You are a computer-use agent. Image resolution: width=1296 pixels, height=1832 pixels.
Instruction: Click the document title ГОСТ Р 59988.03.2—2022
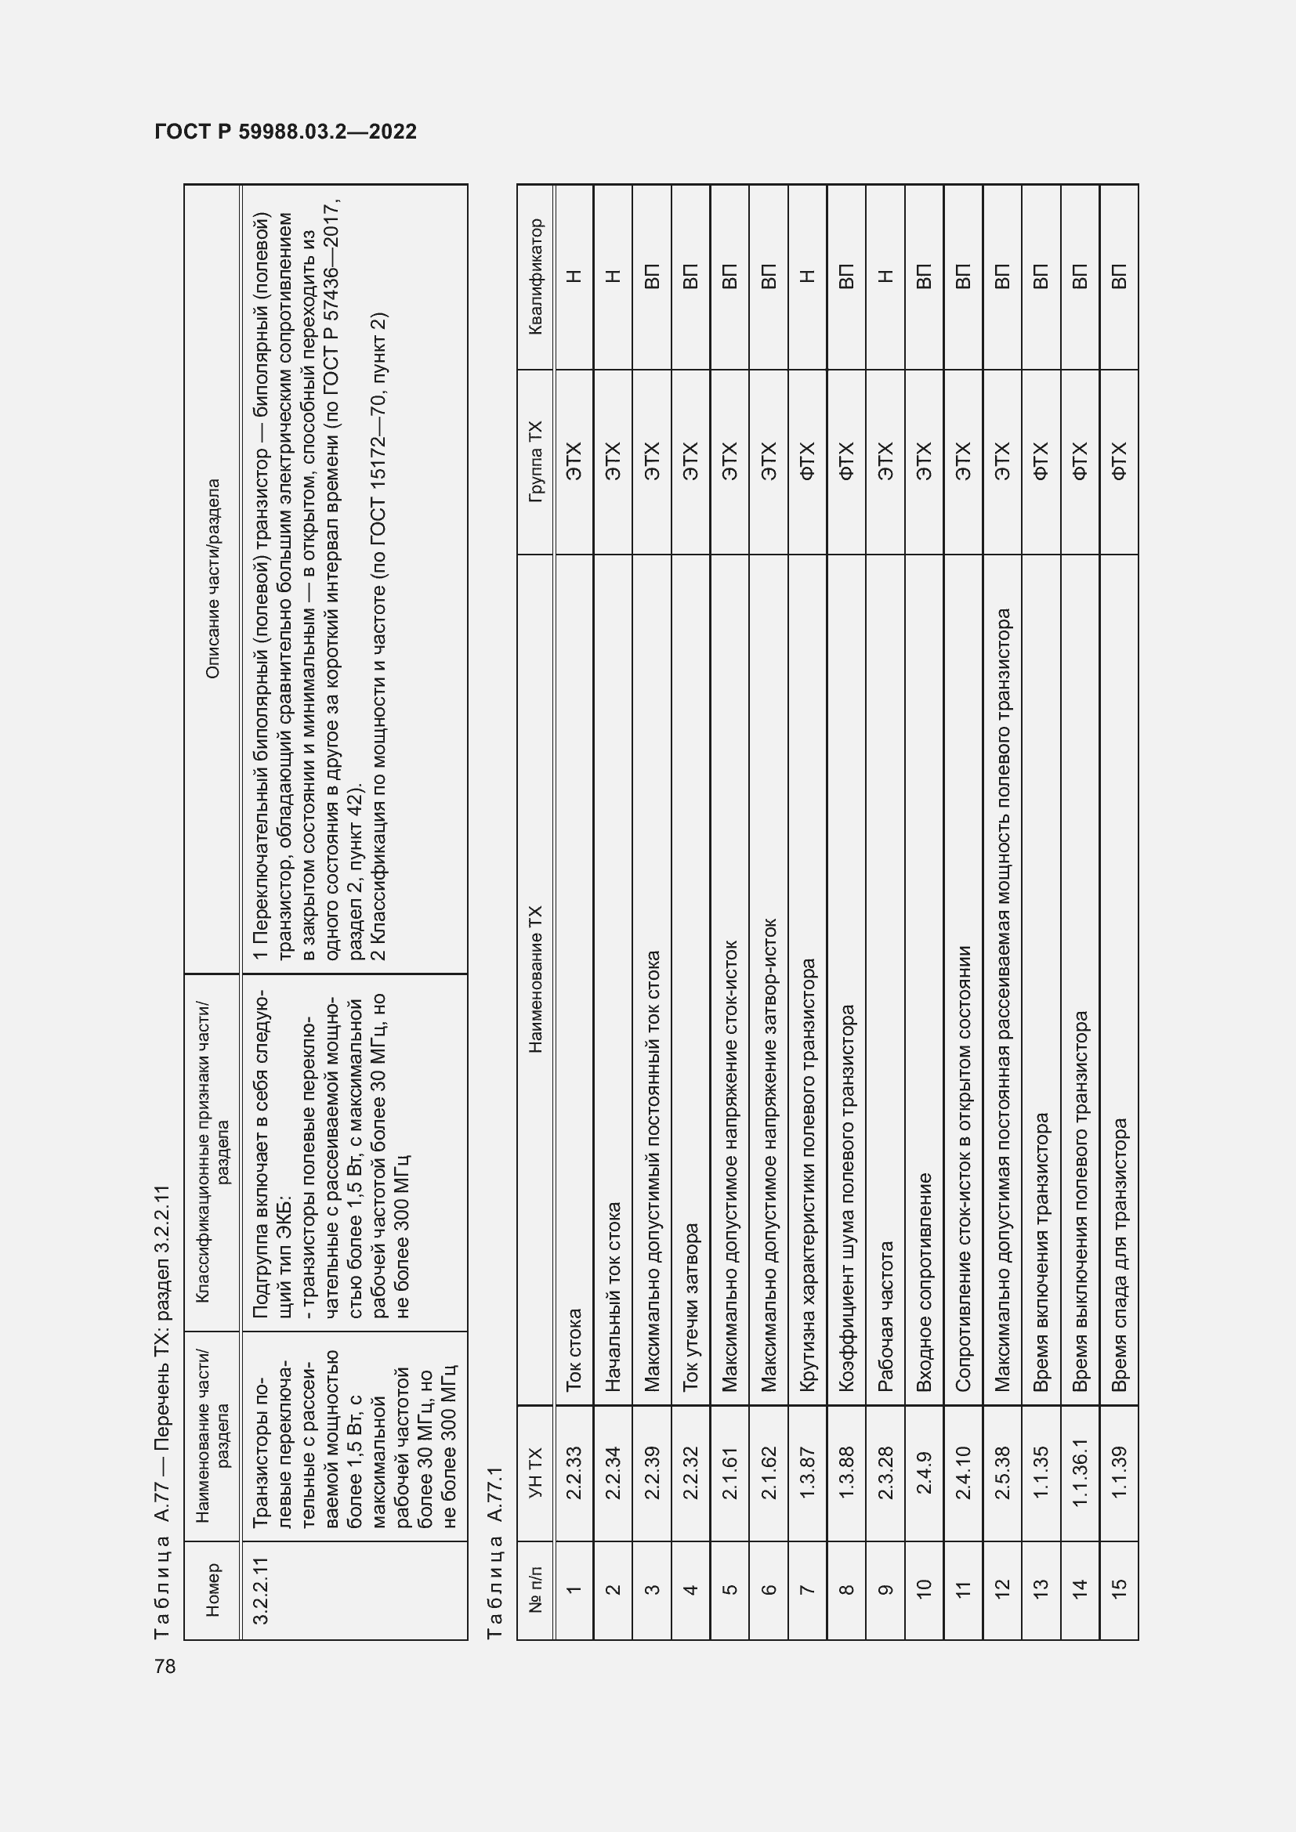coord(285,132)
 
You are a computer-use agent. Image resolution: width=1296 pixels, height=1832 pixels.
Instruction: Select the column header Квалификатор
coord(535,276)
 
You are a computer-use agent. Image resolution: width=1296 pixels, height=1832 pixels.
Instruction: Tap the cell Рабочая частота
coord(885,1317)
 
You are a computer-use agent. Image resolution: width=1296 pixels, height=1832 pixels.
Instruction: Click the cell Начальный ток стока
coord(613,1297)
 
